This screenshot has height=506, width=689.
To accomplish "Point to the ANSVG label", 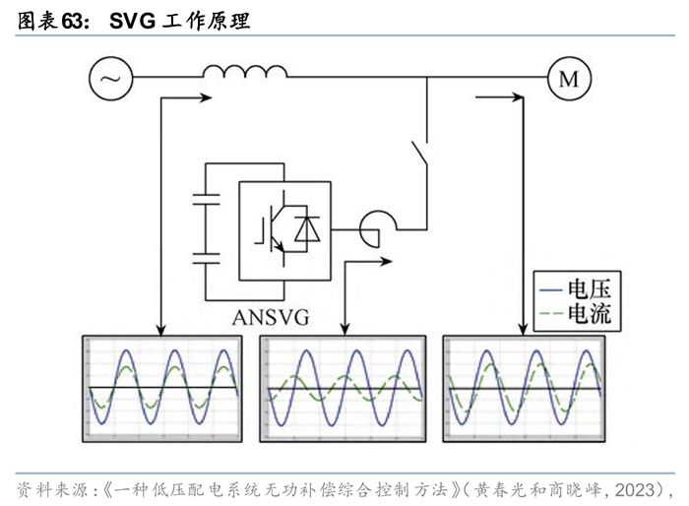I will [x=271, y=317].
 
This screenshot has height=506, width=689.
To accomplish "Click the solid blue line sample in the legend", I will [x=551, y=289].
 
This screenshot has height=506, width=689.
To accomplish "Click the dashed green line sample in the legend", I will [x=551, y=314].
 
